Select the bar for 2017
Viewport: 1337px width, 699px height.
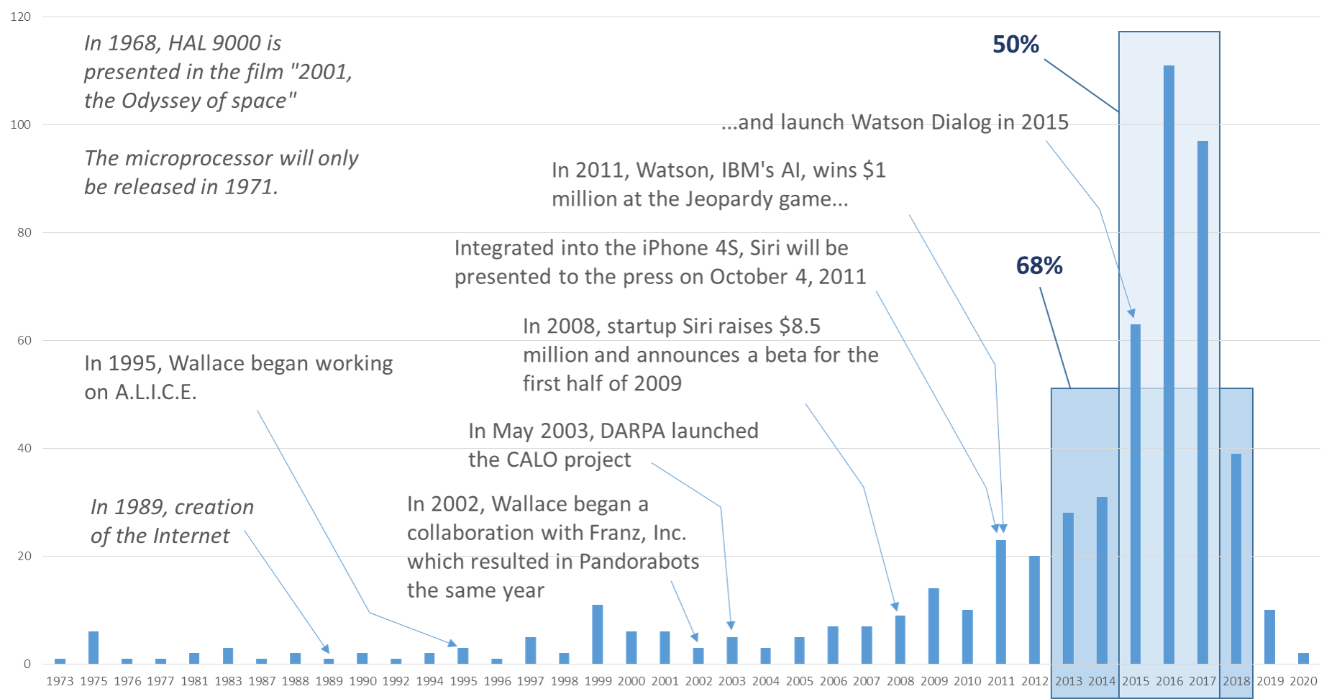coord(1203,402)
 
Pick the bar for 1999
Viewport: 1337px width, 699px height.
coord(598,634)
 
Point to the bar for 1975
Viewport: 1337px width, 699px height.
coord(93,647)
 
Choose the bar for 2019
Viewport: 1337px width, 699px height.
coord(1269,636)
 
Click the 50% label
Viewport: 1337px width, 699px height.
coord(1015,45)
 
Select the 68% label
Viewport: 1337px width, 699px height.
coord(1039,266)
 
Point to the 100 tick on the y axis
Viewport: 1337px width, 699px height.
coord(21,124)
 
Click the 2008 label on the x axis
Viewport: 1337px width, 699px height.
coord(900,681)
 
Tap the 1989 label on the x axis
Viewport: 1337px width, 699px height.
coord(329,681)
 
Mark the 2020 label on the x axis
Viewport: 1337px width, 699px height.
coord(1303,681)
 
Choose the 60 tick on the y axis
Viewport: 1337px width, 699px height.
coord(24,340)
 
